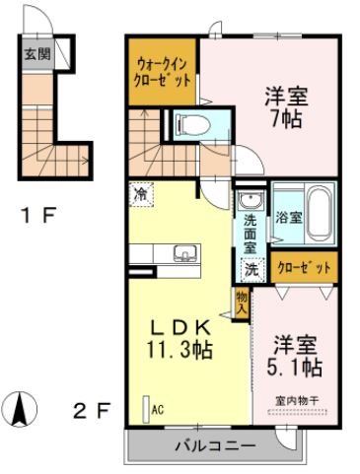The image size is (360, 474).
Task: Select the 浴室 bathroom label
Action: (288, 216)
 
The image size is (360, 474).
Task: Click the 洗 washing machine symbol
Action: (252, 267)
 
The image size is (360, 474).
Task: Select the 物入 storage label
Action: (241, 301)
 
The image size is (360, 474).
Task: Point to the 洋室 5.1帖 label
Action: (294, 357)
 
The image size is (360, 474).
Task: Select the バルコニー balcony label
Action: (215, 445)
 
